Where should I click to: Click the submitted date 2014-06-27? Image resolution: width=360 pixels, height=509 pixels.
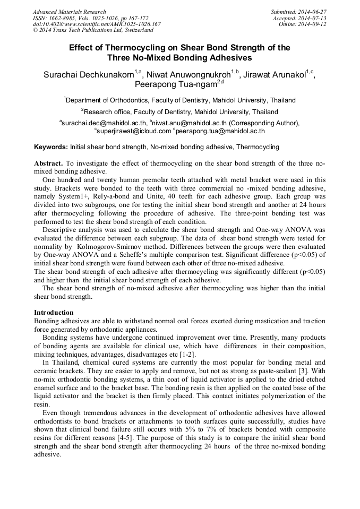pos(312,12)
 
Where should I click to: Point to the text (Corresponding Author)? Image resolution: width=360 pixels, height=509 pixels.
pos(260,123)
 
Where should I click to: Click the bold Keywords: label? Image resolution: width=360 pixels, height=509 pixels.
pos(50,146)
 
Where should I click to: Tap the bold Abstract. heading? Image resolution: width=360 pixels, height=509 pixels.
pos(48,163)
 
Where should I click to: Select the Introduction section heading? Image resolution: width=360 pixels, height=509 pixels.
pos(54,313)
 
